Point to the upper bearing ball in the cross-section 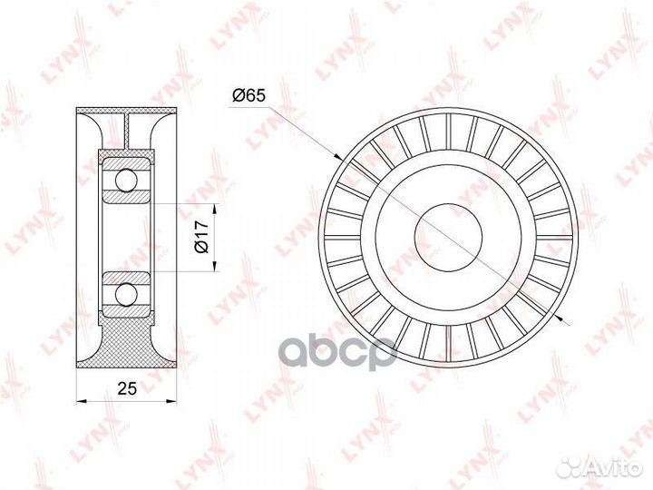coord(125,183)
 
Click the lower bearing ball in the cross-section coord(125,294)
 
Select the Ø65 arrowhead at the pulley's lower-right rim coord(563,318)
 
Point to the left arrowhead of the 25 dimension coord(82,400)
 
